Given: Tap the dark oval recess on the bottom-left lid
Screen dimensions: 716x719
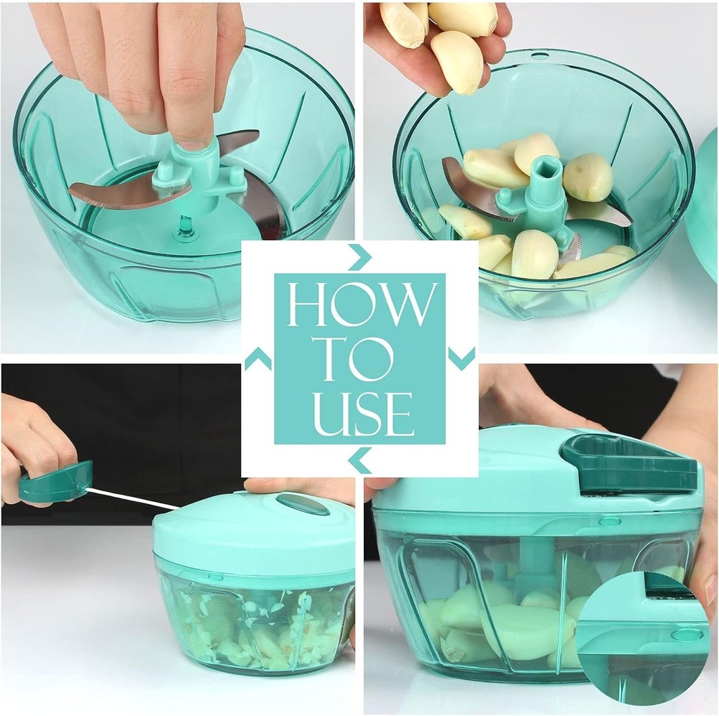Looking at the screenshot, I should pos(303,503).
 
